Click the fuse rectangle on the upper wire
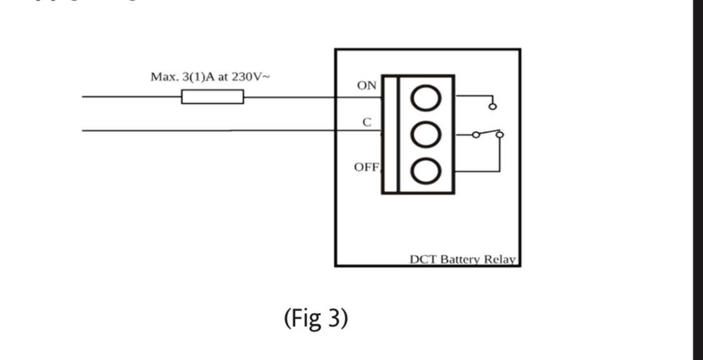click(212, 97)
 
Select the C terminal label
click(367, 123)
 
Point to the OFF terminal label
click(366, 167)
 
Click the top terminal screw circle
click(426, 97)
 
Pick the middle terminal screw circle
click(426, 134)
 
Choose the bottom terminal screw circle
click(426, 171)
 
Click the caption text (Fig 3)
click(316, 319)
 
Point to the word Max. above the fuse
click(164, 77)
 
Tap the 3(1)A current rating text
click(196, 77)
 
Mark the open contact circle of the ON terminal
click(492, 107)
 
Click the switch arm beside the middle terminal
click(488, 133)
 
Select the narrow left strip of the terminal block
click(390, 134)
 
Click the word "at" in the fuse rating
click(224, 77)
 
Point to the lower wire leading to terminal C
click(219, 131)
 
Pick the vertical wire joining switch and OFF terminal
click(499, 153)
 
